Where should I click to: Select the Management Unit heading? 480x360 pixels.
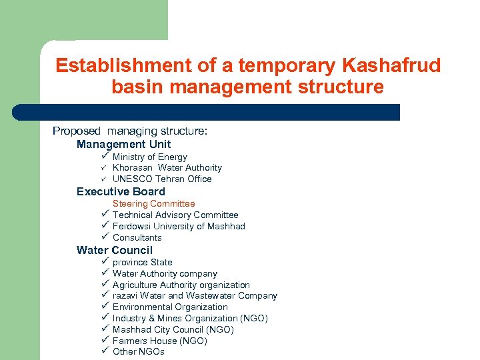click(123, 144)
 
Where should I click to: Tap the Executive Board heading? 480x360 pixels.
click(121, 191)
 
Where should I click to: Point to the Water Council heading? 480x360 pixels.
click(115, 250)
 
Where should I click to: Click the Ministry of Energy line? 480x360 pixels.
click(150, 157)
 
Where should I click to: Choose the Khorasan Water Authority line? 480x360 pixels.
click(167, 168)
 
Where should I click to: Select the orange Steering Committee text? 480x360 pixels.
click(153, 203)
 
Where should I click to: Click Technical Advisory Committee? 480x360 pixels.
click(175, 215)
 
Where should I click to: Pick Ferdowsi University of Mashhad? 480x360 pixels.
click(179, 226)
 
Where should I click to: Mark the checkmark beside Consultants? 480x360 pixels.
click(105, 237)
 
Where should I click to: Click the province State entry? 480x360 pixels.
click(142, 262)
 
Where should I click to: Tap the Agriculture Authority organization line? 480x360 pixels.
click(181, 285)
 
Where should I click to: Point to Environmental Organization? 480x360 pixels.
click(170, 307)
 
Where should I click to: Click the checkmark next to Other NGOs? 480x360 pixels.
click(105, 351)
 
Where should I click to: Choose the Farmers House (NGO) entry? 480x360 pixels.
click(159, 341)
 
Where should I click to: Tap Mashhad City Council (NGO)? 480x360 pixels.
click(173, 329)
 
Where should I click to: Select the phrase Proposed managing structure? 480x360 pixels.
click(130, 131)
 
